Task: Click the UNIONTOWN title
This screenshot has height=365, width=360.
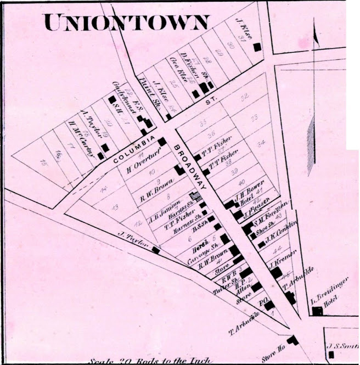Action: (x=127, y=22)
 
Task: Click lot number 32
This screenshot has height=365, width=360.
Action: (x=245, y=97)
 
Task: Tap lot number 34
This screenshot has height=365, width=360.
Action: (x=261, y=143)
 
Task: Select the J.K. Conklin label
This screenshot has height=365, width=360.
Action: (x=280, y=233)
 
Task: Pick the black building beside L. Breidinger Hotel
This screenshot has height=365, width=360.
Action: (x=317, y=311)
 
